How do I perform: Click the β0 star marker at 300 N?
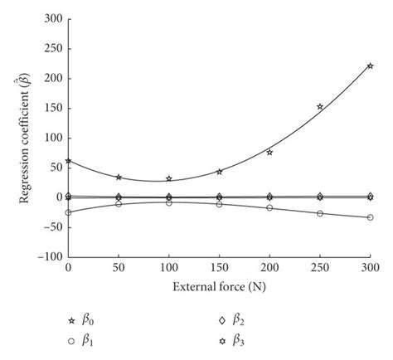(x=370, y=66)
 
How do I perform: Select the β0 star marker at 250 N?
(x=320, y=106)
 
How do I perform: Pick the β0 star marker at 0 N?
(x=68, y=161)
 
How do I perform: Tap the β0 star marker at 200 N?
(x=269, y=152)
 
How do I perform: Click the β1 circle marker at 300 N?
(x=370, y=217)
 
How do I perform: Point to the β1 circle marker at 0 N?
(x=68, y=212)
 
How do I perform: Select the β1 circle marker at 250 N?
(x=320, y=213)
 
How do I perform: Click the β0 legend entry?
(x=82, y=319)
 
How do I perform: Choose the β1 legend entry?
(x=82, y=340)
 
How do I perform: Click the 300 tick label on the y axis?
(x=51, y=18)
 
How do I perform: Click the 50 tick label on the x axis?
(x=119, y=269)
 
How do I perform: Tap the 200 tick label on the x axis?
(x=269, y=269)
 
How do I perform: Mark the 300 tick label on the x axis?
(x=370, y=269)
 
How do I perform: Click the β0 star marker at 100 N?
(x=169, y=178)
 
